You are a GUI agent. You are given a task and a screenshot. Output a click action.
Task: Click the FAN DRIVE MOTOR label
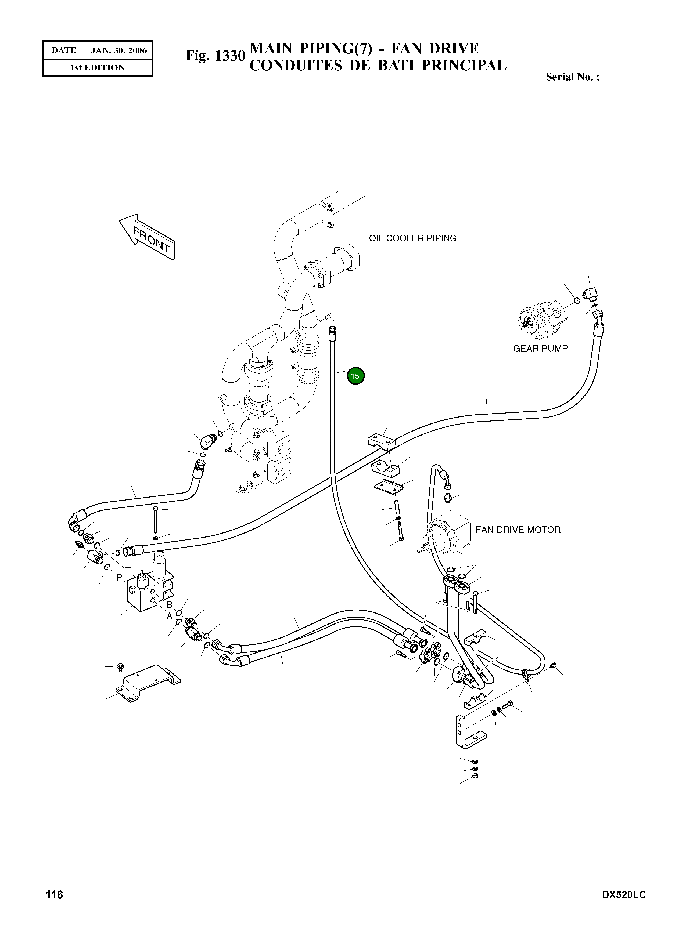518,530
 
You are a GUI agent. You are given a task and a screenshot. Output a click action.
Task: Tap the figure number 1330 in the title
216,56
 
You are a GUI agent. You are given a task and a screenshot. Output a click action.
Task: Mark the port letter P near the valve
119,578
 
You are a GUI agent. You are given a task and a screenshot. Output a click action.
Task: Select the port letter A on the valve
170,616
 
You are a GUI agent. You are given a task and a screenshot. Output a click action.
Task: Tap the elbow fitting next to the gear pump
591,295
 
